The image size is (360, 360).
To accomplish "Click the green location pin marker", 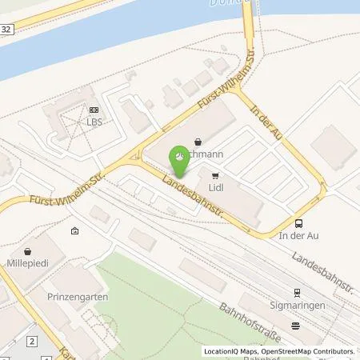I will [179, 160].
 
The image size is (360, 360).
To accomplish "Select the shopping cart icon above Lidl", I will [214, 174].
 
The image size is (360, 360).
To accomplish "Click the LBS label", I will [94, 122].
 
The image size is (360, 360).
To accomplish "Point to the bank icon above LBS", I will [94, 110].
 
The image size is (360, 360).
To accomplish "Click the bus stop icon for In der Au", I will [298, 223].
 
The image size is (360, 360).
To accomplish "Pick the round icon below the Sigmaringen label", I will [295, 324].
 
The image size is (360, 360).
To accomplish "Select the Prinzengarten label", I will [82, 297].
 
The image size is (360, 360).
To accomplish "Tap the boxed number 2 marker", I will [30, 342].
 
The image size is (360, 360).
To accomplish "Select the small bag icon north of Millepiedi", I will [75, 231].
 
